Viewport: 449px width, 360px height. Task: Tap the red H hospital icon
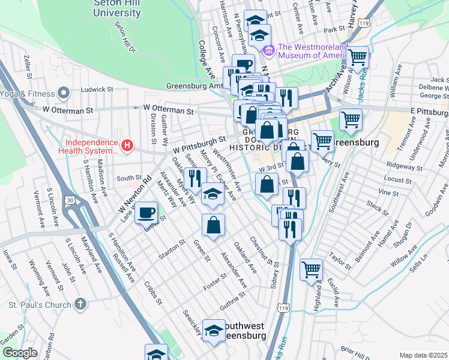(127, 145)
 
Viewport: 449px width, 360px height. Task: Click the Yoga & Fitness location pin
(63, 93)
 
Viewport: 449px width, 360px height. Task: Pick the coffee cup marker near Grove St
(146, 212)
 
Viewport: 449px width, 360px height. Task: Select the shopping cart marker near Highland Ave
(311, 269)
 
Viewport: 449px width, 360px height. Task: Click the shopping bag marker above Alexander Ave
(213, 226)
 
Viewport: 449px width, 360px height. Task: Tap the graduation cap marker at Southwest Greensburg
(214, 331)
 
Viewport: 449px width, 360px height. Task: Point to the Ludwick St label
(97, 89)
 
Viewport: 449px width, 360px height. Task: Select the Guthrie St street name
(233, 301)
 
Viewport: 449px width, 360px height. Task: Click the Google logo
(20, 353)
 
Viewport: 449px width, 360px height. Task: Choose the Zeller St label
(26, 67)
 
